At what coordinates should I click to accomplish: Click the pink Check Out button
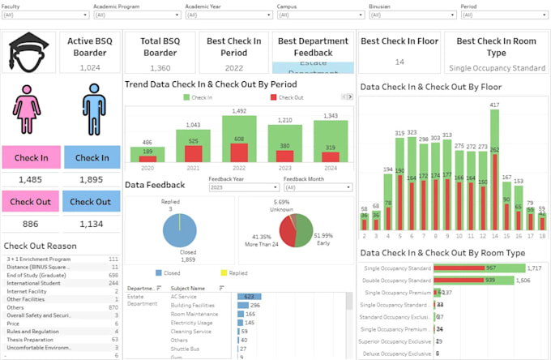pyautogui.click(x=30, y=202)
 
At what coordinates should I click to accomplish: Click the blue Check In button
pyautogui.click(x=92, y=158)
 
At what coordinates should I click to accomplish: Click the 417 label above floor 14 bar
pyautogui.click(x=494, y=105)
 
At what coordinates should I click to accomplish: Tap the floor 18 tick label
pyautogui.click(x=541, y=236)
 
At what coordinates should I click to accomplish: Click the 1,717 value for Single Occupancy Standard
pyautogui.click(x=534, y=268)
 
